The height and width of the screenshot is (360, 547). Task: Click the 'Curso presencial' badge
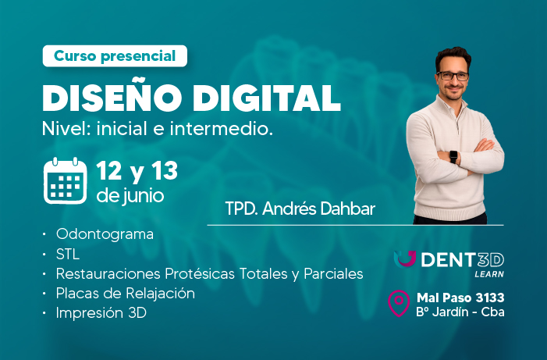click(115, 55)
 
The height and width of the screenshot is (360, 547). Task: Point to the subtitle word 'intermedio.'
click(233, 128)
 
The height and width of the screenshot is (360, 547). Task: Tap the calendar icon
click(65, 180)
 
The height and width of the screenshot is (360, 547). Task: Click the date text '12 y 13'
click(137, 170)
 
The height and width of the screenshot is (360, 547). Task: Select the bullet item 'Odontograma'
click(105, 234)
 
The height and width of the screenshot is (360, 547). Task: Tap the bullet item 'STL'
click(68, 255)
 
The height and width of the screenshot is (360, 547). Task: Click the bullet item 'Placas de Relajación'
click(125, 294)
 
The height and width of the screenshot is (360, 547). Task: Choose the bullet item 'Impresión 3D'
click(101, 313)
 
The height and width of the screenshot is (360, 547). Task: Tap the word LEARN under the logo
click(488, 275)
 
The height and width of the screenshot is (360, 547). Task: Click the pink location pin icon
click(400, 304)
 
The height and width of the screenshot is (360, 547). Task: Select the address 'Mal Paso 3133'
click(460, 298)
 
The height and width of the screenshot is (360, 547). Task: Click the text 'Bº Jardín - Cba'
click(459, 313)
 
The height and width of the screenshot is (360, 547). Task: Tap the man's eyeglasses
click(453, 76)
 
